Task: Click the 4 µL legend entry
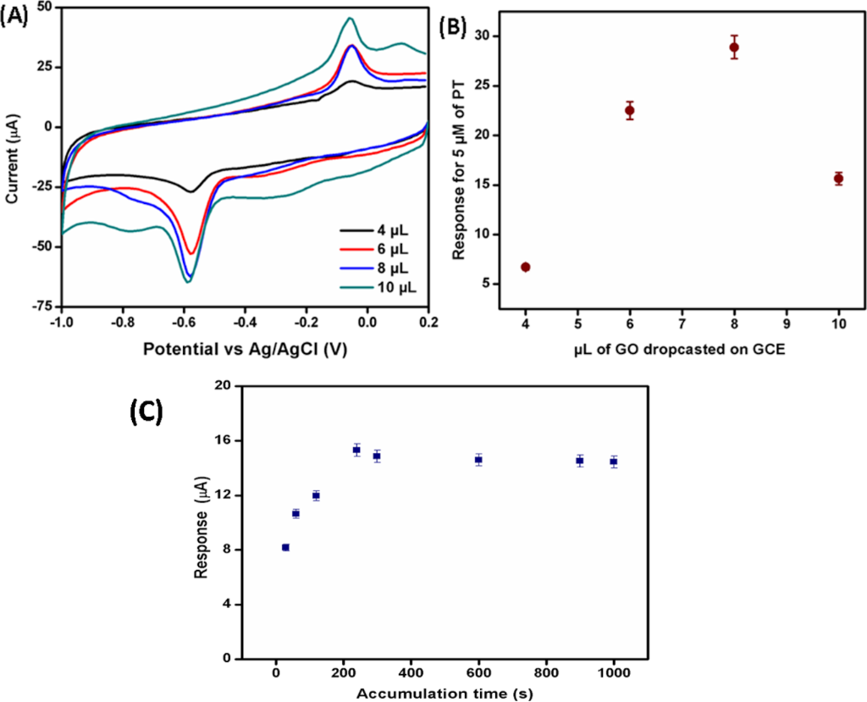[x=372, y=229]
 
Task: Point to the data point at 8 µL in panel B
[x=734, y=47]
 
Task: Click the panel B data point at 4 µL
[x=526, y=267]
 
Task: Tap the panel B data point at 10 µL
[x=838, y=179]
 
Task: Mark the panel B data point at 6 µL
[x=630, y=111]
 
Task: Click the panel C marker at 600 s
[x=478, y=460]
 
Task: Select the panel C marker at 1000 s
[x=614, y=462]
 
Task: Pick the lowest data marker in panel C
[x=285, y=548]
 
